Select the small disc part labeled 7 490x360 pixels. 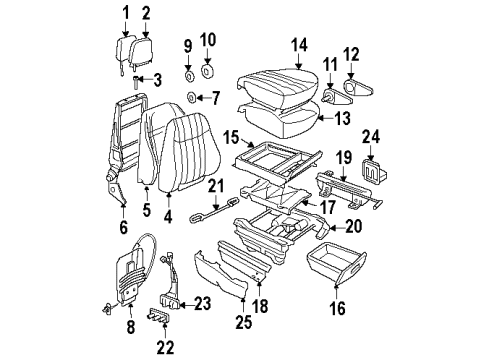pyautogui.click(x=190, y=97)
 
